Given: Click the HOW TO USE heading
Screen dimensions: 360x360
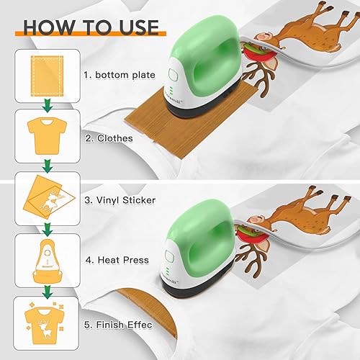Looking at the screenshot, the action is click(91, 27).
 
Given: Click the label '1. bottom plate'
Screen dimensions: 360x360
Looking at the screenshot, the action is click(120, 75).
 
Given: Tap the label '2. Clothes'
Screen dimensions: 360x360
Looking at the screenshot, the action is click(109, 138).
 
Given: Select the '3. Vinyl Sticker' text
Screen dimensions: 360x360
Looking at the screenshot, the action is click(120, 200).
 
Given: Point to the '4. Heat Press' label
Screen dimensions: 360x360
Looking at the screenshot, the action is click(117, 260).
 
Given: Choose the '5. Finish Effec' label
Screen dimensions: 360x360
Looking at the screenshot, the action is click(118, 325).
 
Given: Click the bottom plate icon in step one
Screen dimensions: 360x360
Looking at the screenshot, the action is click(48, 76).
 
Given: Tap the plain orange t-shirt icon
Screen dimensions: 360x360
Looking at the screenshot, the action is click(48, 136).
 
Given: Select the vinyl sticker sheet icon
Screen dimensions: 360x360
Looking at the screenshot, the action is click(49, 197).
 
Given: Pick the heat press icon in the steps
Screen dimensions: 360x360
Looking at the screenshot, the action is click(48, 261).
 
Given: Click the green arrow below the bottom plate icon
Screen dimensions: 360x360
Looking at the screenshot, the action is click(48, 106).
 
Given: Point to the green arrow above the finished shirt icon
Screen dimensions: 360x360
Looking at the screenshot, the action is click(48, 292).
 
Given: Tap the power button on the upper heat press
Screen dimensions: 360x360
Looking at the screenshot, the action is click(174, 75).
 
